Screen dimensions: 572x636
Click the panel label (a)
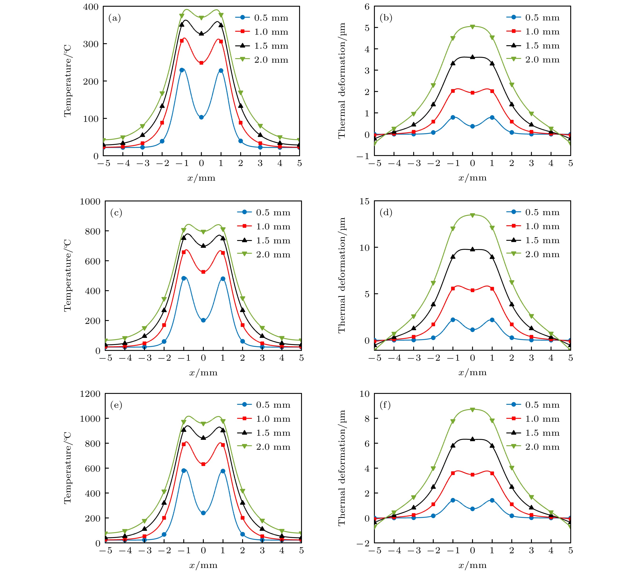(115, 18)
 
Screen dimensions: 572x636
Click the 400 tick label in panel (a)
(91, 7)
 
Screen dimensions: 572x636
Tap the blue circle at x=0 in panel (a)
(201, 117)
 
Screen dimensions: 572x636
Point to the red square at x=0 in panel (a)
(201, 63)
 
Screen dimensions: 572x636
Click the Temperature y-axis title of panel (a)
(68, 81)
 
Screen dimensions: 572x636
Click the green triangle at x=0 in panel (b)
(473, 27)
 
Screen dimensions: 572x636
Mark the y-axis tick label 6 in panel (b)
(367, 7)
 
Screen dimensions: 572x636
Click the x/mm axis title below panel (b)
(473, 178)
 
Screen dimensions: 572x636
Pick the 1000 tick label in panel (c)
(90, 201)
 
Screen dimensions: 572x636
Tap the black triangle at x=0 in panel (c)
(203, 246)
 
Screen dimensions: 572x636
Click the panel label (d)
(386, 213)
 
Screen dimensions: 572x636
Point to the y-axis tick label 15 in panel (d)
(365, 201)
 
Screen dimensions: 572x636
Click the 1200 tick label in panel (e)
(90, 394)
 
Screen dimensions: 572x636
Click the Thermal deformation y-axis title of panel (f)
(342, 468)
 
